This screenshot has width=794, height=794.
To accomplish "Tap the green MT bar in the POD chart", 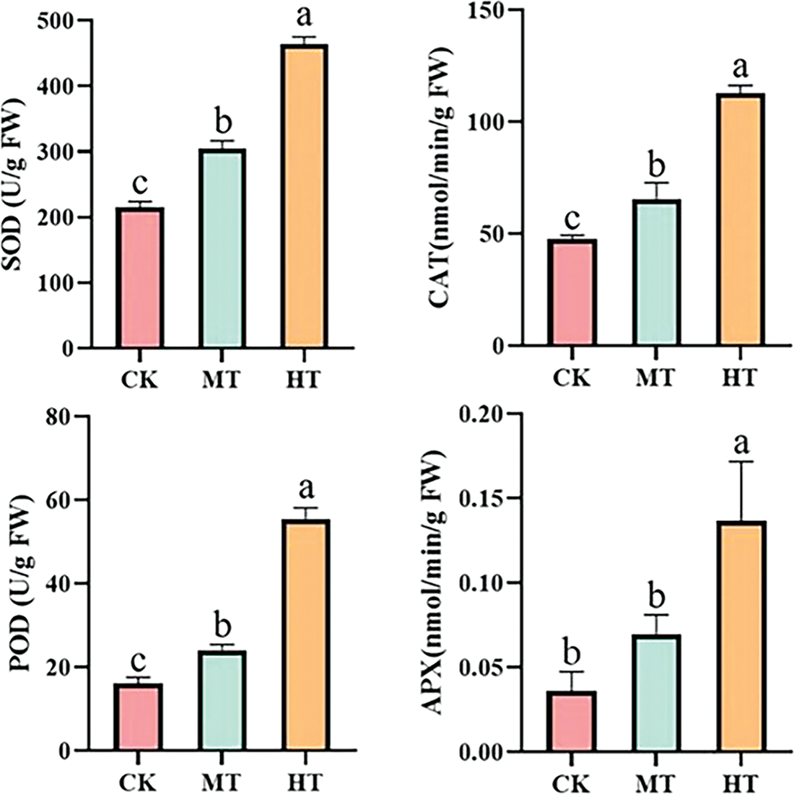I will [x=224, y=700].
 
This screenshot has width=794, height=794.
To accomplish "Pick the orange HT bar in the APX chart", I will [x=741, y=636].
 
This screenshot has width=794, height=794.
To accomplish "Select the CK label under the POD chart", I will [x=139, y=782].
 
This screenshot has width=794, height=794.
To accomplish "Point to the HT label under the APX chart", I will [x=741, y=782].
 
